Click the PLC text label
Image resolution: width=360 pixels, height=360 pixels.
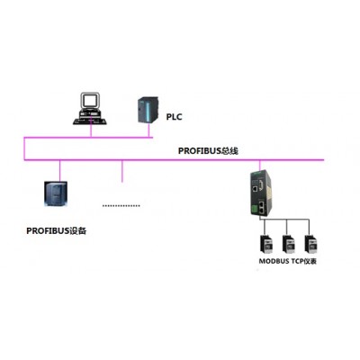pos(174,117)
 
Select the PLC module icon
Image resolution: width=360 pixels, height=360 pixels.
pos(148,110)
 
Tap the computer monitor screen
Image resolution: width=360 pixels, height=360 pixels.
pos(90,100)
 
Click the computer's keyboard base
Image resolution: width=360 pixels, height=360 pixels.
pos(90,121)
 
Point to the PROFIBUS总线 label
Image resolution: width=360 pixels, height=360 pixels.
pos(208,150)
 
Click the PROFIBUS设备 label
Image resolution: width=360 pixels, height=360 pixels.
pos(57,230)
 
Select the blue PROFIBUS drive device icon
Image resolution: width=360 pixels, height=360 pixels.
pos(56,193)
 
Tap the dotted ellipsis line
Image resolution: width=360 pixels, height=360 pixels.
pos(121,206)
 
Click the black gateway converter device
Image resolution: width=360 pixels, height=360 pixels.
pos(261,193)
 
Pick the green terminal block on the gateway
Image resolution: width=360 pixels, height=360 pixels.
pos(254,209)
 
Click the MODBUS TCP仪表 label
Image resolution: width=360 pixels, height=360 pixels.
pos(287,261)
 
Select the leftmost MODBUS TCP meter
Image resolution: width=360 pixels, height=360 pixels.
pos(266,244)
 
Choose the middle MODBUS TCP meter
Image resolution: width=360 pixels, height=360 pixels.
pos(288,244)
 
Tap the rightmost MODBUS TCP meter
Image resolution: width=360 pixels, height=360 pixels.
pos(310,244)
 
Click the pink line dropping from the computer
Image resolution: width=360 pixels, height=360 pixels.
pos(91,130)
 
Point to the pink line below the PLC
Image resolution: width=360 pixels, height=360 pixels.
pos(148,130)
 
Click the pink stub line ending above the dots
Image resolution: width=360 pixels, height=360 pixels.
pos(121,171)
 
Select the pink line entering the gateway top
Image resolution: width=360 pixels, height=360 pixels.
pos(260,166)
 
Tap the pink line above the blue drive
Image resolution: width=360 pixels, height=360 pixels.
pos(59,171)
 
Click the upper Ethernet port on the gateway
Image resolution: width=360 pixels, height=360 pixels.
pos(255,189)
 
